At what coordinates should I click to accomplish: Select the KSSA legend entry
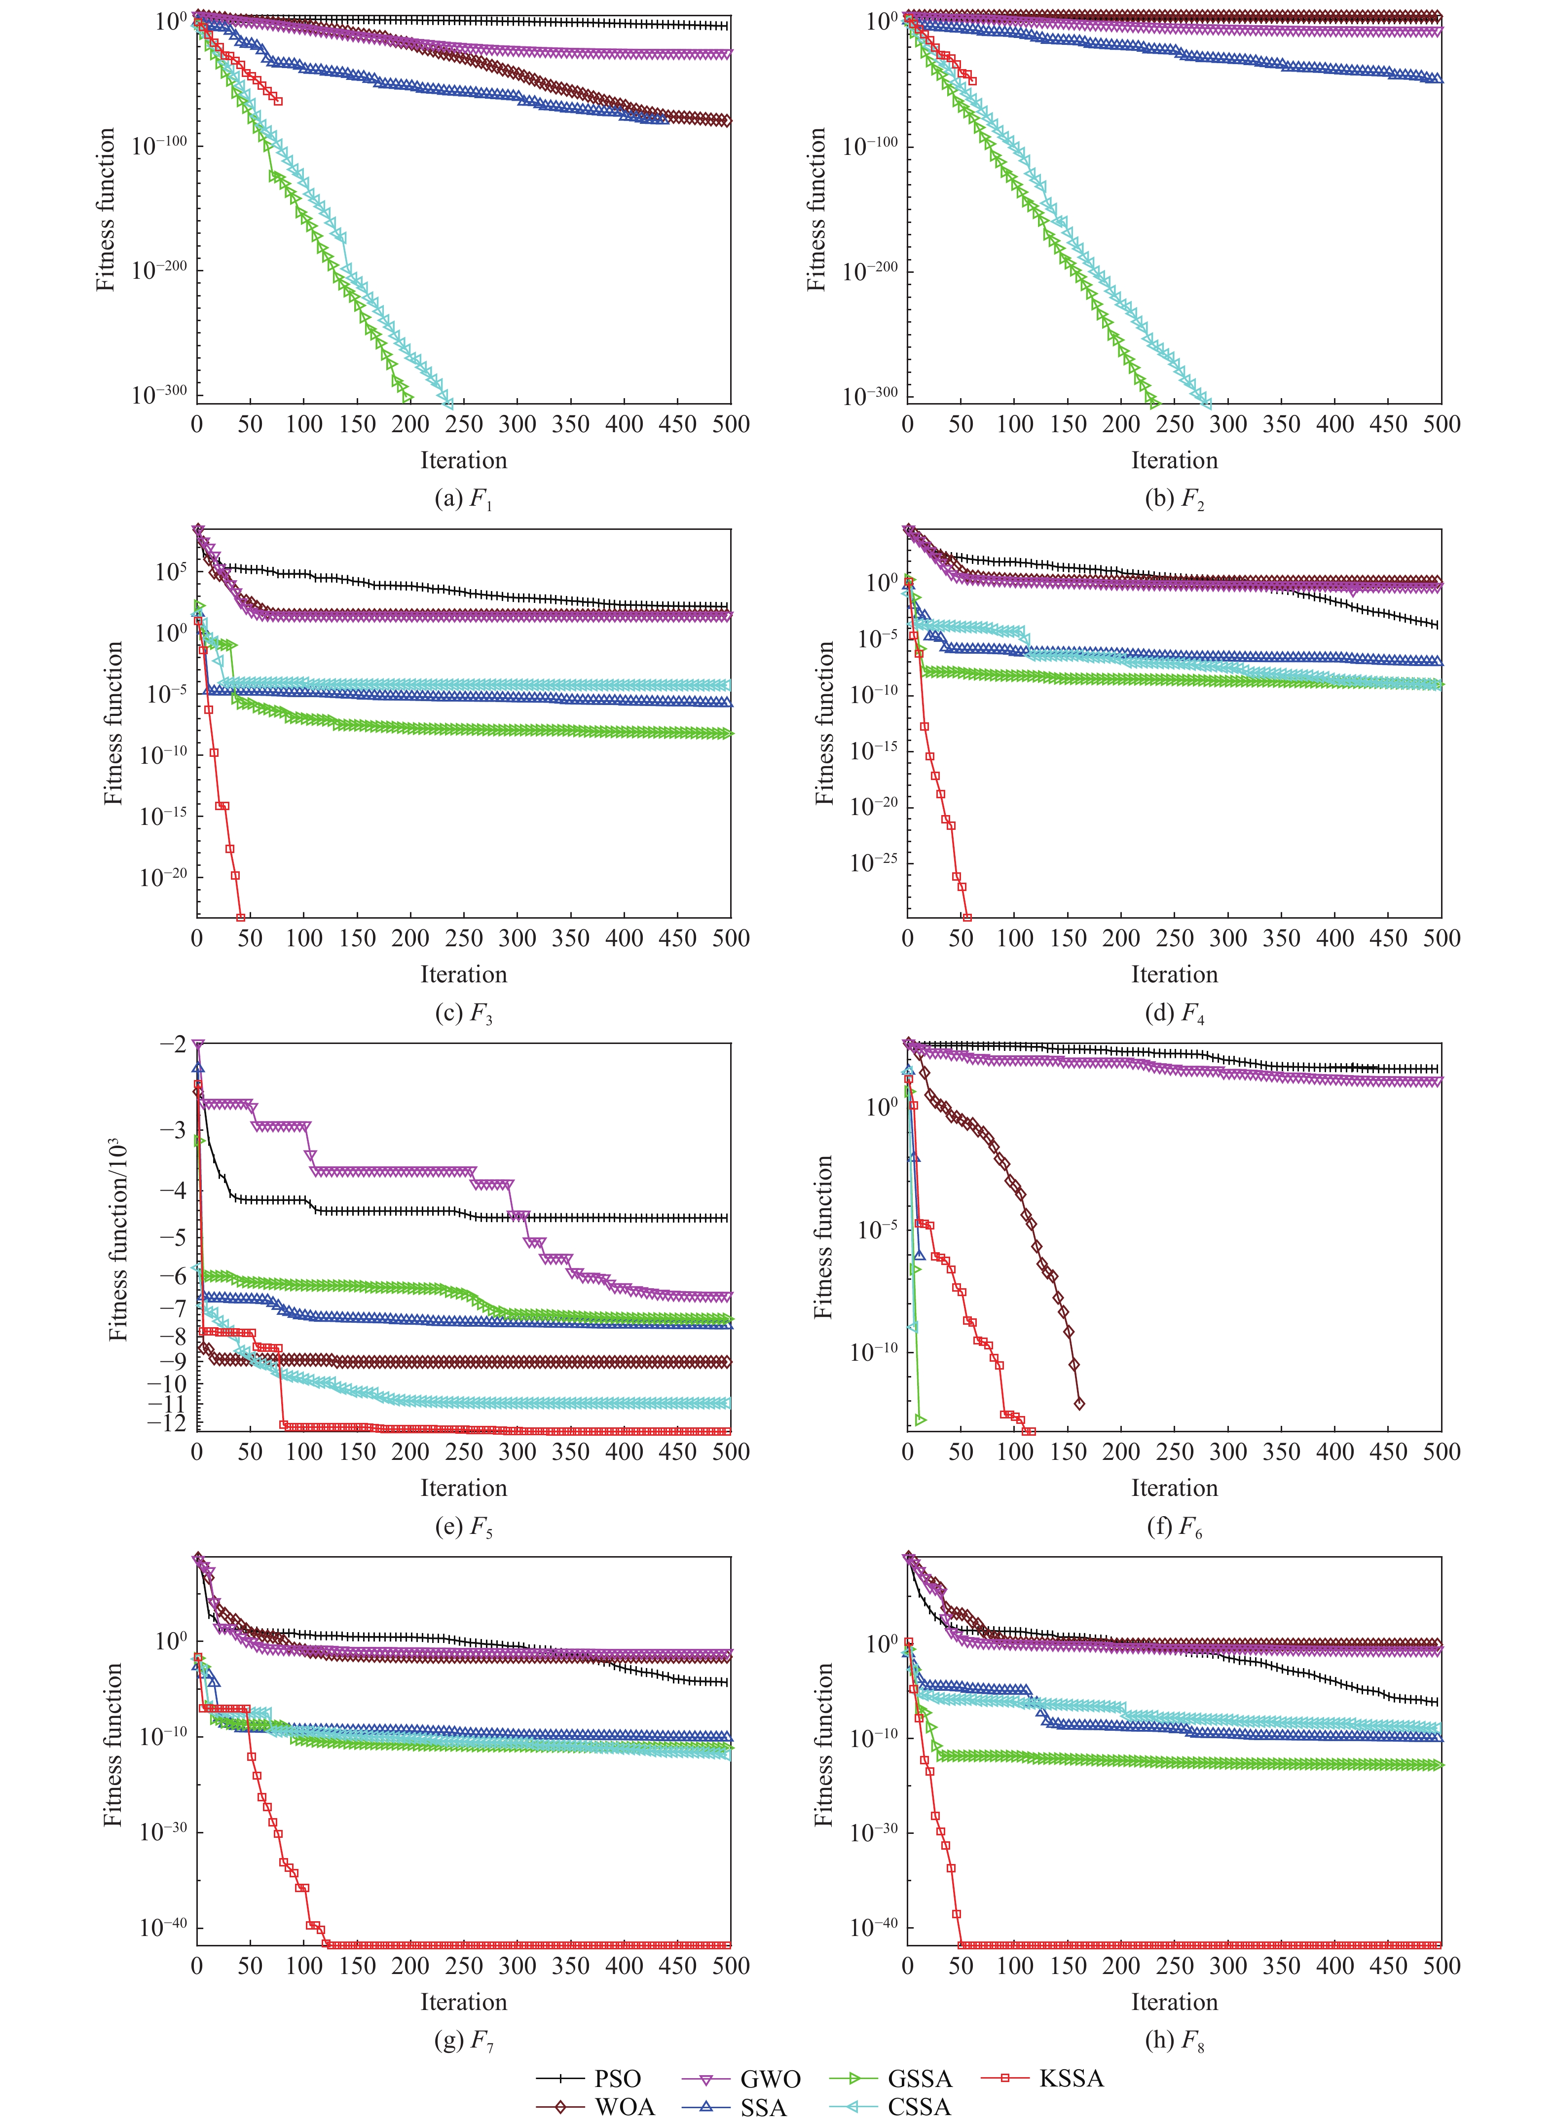click(x=1071, y=2078)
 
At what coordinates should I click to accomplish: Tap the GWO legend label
click(x=770, y=2078)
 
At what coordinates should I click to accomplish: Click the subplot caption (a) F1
click(x=463, y=498)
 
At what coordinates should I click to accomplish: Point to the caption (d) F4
click(x=1174, y=1013)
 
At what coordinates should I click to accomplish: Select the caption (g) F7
click(x=463, y=2039)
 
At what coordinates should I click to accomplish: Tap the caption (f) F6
click(x=1174, y=1526)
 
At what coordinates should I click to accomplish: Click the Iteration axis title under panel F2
click(x=1174, y=460)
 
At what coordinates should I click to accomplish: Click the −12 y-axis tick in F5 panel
click(x=167, y=1422)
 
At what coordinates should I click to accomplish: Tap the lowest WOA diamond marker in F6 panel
click(x=1079, y=1404)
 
